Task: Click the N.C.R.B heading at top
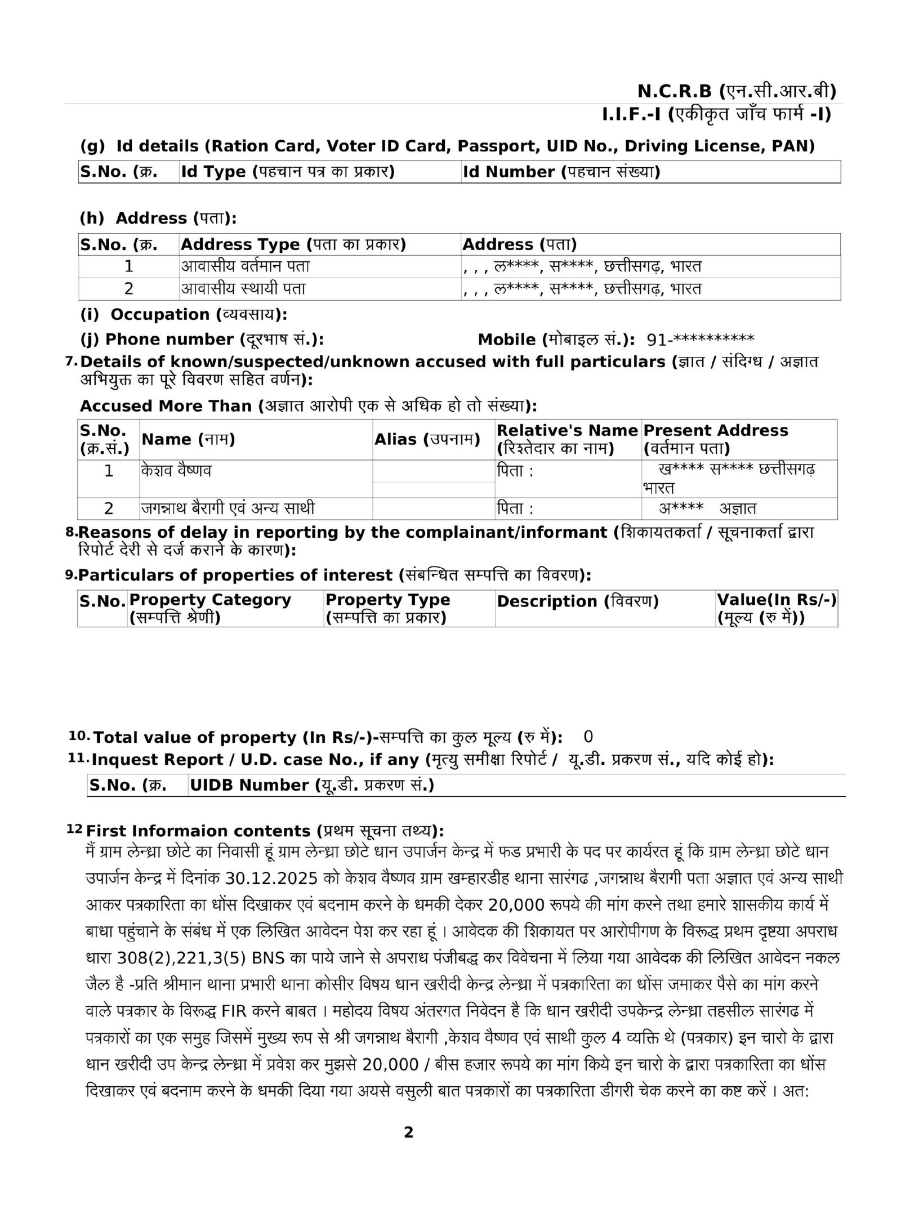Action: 736,91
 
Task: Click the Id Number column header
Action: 561,172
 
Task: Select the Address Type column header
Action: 293,244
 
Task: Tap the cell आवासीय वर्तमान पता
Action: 245,266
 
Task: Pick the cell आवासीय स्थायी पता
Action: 243,289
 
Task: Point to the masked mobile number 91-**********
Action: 700,340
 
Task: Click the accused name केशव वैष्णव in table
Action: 176,471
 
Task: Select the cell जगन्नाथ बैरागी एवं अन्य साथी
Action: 228,508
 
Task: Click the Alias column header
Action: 427,439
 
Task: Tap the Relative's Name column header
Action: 567,439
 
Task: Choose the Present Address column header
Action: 715,439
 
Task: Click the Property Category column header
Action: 210,609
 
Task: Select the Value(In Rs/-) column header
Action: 777,609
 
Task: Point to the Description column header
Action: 577,601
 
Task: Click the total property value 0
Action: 588,737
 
